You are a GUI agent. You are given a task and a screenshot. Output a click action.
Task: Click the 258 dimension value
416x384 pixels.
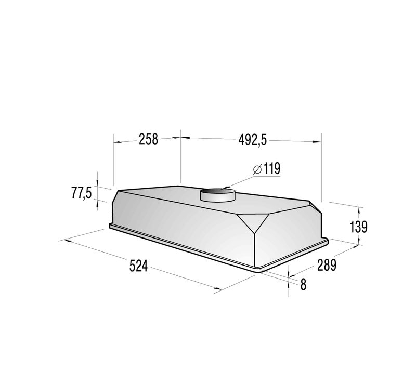click(149, 139)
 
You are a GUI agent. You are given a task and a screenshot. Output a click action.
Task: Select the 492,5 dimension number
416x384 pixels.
click(252, 140)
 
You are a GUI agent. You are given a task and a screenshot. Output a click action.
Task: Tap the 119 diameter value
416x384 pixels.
click(271, 169)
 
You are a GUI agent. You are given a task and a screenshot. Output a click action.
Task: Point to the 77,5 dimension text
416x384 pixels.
click(82, 193)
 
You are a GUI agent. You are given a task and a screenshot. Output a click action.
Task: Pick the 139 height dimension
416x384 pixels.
click(358, 227)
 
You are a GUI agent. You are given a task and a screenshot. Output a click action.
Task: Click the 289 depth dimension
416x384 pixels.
click(327, 265)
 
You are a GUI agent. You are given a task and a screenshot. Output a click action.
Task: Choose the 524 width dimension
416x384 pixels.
click(138, 266)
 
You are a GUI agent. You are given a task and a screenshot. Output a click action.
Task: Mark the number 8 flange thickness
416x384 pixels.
click(303, 284)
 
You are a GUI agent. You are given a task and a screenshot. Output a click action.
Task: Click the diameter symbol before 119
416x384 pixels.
click(257, 169)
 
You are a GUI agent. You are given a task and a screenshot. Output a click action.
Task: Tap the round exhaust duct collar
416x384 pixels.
click(217, 195)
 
